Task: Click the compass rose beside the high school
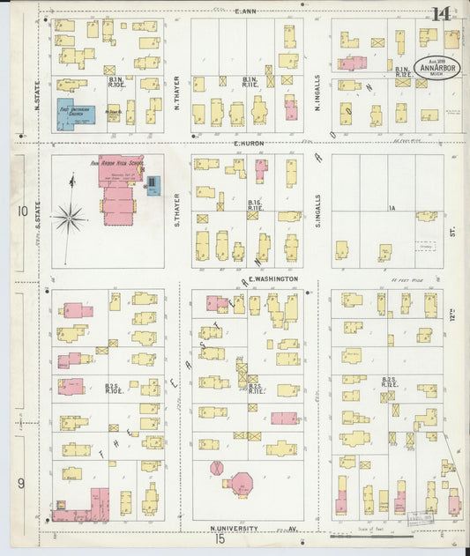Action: (69, 214)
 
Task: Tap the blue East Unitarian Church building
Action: (77, 115)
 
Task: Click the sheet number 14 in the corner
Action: (441, 14)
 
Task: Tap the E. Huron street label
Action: (250, 143)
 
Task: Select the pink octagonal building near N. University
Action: (239, 484)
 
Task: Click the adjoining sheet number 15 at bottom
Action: (219, 538)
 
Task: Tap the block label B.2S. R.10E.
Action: (112, 388)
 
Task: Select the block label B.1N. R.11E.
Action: (250, 81)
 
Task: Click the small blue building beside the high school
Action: (153, 186)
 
